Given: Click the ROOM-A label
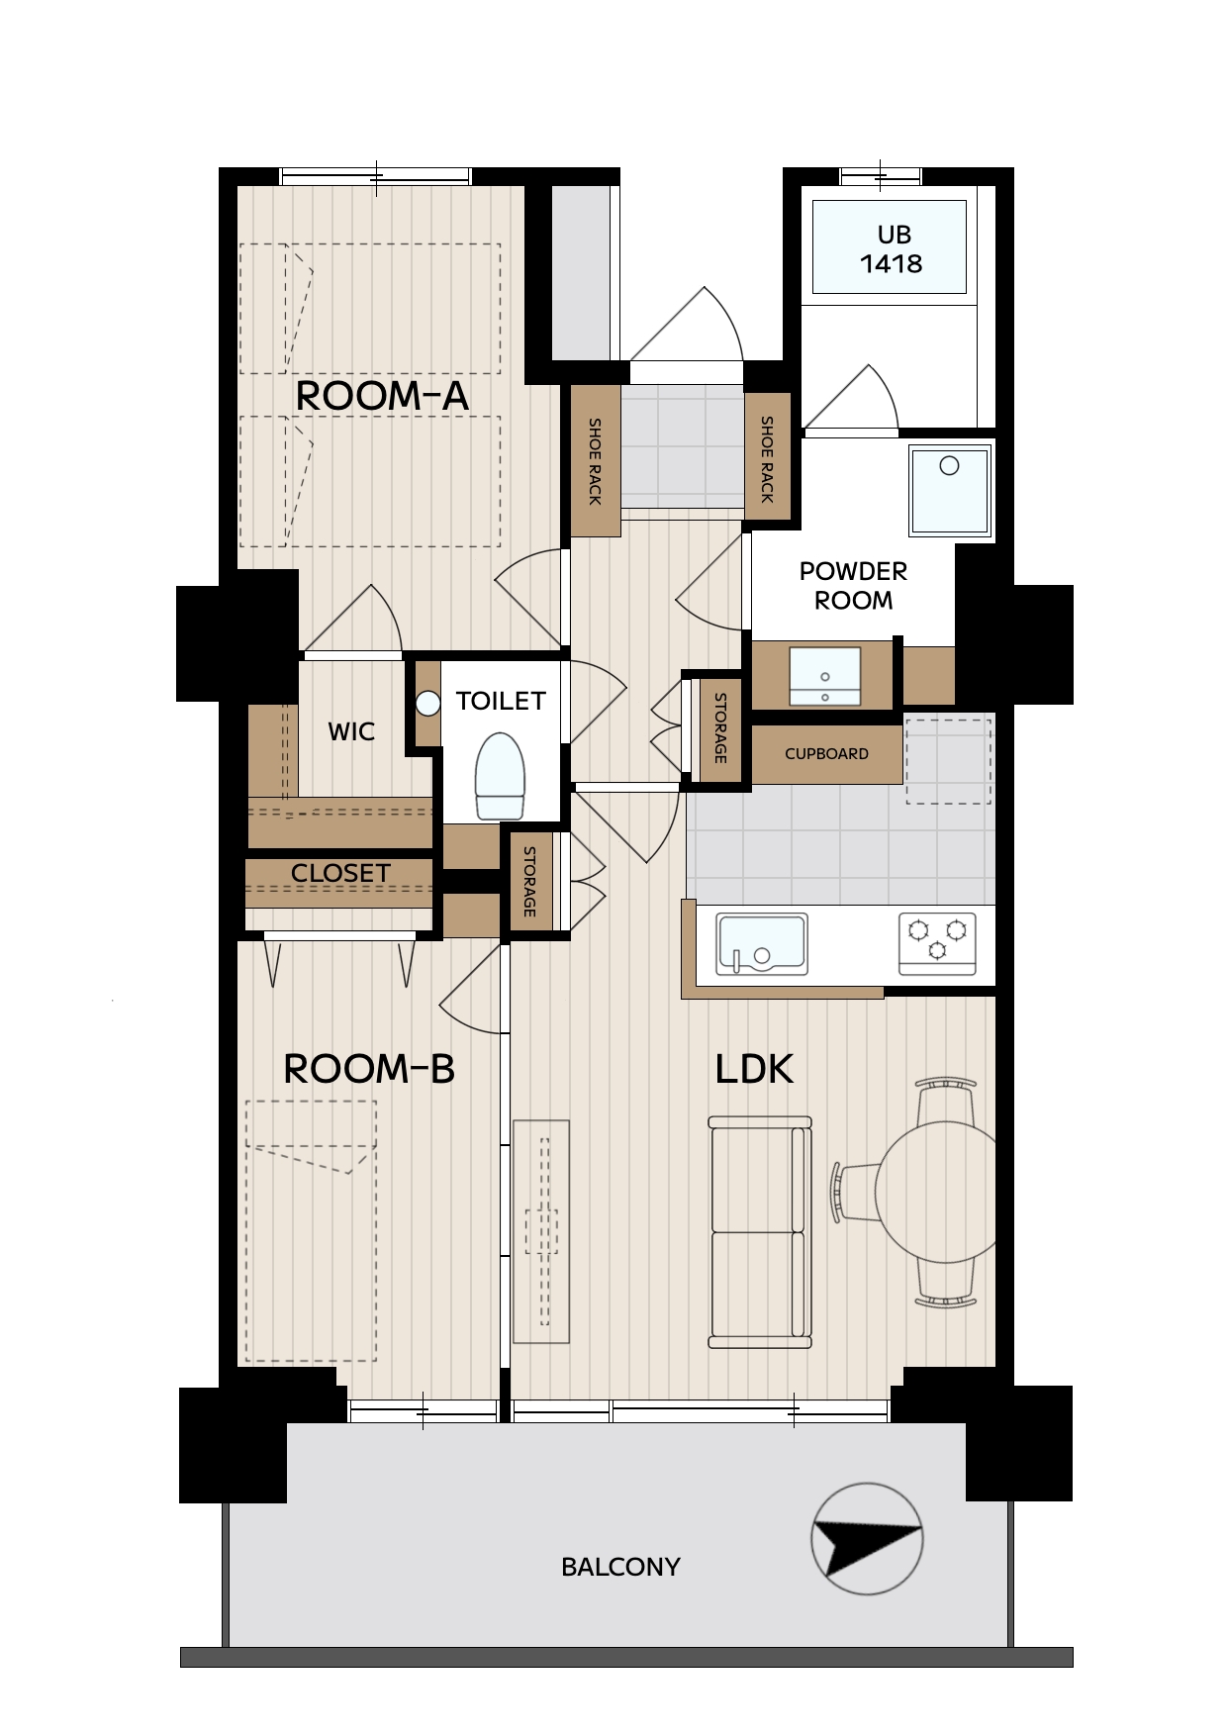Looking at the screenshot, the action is point(382,396).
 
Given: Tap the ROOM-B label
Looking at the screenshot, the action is point(369,1069).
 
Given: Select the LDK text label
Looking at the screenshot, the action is point(754,1069).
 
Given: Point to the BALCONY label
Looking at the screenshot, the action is point(620,1567).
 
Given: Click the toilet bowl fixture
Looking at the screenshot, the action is point(500,776).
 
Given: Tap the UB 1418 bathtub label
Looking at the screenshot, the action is point(892,249).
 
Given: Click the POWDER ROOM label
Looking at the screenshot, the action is point(853,586).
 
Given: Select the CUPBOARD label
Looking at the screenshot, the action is point(826,754).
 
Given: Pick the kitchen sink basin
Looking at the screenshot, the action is point(762,944).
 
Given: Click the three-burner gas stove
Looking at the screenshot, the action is point(937,943).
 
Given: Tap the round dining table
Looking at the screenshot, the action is point(936,1192).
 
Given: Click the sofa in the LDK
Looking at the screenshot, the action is point(760,1232).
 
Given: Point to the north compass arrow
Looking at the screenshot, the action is point(868,1540).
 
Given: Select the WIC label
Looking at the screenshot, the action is point(351,731).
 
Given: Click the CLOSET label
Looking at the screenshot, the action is point(340,873).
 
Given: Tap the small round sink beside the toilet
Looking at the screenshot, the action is point(427,704).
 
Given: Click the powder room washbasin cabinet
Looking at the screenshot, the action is point(824,676).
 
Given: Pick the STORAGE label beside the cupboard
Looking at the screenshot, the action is point(720,727).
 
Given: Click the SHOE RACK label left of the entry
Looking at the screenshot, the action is point(595,461).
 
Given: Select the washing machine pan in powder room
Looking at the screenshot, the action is point(950,491).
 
